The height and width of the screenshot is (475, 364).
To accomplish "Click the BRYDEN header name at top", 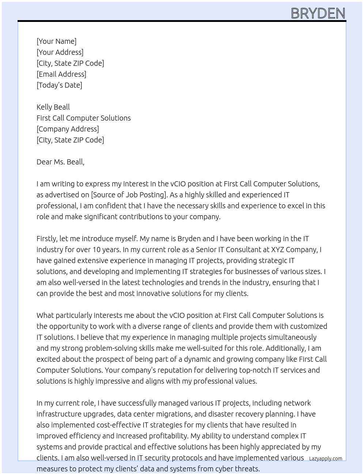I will click(318, 14).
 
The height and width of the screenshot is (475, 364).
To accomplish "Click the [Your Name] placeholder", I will click(56, 41).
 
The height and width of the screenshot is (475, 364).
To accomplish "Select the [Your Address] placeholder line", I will click(60, 52).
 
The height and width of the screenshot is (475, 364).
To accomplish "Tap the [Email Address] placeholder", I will click(61, 74).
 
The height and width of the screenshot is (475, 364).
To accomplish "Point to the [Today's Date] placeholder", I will click(59, 85).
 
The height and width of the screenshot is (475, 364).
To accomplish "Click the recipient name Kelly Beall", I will click(53, 107).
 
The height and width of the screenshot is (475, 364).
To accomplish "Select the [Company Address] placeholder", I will click(68, 129).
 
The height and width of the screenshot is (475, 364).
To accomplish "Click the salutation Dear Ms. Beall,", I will click(60, 162).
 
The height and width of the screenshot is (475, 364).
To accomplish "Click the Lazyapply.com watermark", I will click(325, 459).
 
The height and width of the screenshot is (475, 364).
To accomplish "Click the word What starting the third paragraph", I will click(45, 315).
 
